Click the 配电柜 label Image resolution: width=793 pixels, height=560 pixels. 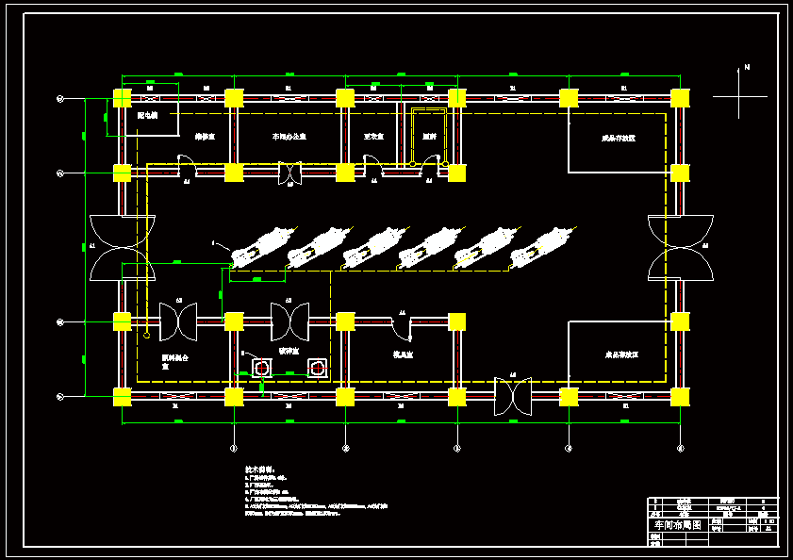tap(147, 116)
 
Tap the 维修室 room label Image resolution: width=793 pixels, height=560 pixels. tap(205, 137)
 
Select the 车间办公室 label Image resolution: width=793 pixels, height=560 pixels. tap(289, 137)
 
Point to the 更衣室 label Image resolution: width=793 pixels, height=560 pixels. tap(373, 137)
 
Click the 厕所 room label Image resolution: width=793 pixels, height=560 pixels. tap(429, 137)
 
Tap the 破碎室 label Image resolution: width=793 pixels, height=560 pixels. tap(288, 350)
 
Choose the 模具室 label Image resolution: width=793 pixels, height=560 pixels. tap(404, 354)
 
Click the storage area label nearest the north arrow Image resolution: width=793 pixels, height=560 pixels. tap(619, 138)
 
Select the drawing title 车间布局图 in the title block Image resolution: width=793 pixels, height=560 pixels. tap(678, 525)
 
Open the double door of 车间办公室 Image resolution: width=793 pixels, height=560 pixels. tap(289, 174)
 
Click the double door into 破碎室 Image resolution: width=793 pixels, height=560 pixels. tap(289, 321)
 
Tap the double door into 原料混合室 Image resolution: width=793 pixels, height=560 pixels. tap(177, 321)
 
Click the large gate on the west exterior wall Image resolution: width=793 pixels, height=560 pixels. tap(122, 248)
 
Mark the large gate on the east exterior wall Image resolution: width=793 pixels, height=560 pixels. tap(680, 248)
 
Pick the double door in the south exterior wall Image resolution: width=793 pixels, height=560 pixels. tap(513, 396)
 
